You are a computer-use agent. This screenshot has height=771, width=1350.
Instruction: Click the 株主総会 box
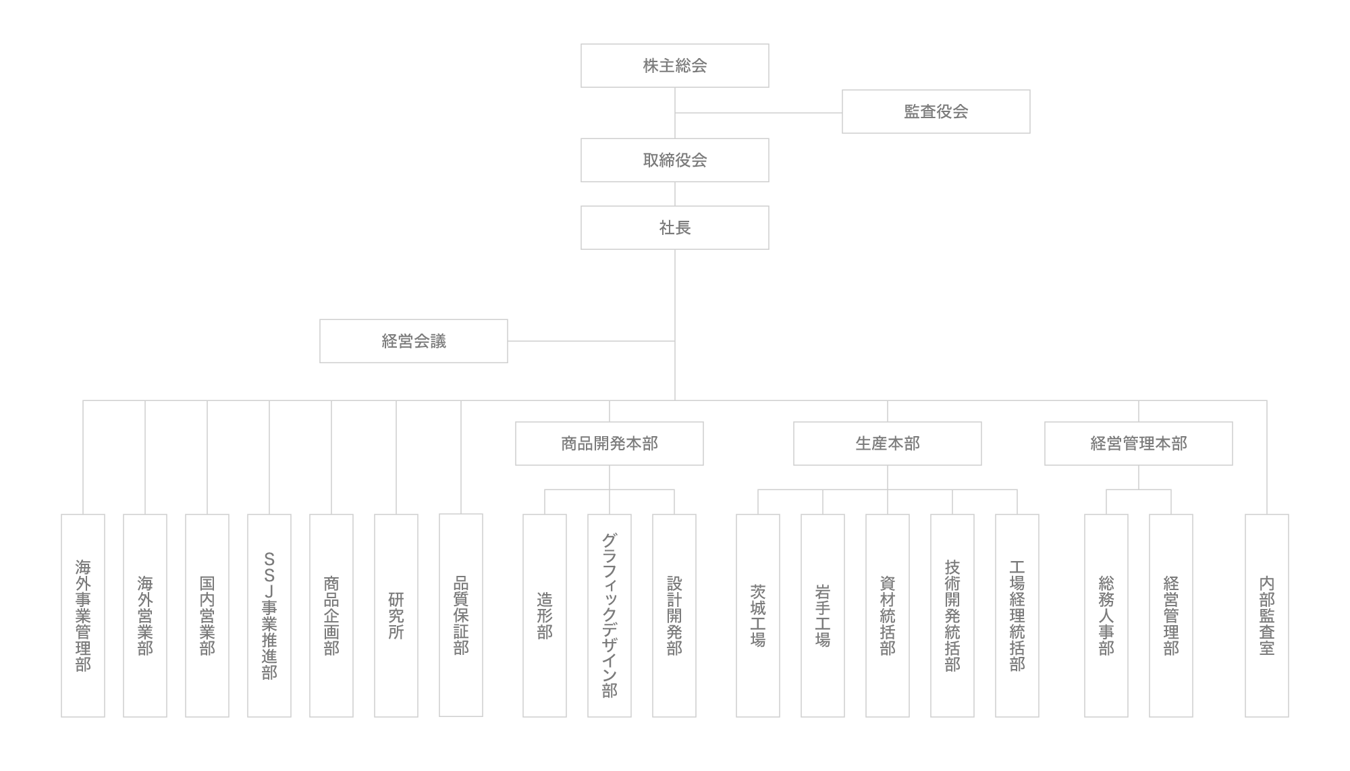(675, 65)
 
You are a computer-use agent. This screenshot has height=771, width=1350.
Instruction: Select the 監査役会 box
(936, 111)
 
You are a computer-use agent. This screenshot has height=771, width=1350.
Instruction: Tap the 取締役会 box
(675, 160)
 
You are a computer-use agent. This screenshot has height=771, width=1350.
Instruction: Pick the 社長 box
(675, 228)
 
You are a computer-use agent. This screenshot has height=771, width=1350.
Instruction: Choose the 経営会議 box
(414, 341)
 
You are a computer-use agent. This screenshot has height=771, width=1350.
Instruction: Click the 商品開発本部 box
(610, 444)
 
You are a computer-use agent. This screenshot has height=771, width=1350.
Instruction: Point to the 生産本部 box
(888, 444)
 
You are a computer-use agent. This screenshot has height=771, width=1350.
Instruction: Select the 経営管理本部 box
(1139, 444)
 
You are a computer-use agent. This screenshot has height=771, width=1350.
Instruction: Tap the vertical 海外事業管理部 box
(83, 616)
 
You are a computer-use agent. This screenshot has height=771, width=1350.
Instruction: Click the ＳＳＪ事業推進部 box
(269, 616)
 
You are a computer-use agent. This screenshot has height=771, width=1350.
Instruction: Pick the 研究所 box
(396, 616)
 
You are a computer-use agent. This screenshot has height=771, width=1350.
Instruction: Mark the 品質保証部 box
(461, 615)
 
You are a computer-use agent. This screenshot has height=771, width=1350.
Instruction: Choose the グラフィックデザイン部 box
(610, 616)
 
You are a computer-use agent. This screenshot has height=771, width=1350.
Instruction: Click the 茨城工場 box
(758, 616)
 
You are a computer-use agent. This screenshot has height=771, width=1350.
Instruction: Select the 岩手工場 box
(823, 616)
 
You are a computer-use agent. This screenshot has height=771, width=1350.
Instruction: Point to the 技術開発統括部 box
(952, 616)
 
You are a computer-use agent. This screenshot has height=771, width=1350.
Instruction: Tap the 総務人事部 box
(1106, 616)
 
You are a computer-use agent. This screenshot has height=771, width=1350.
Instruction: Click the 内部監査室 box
(1267, 616)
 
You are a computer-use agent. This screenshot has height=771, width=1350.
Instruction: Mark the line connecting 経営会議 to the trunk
(591, 341)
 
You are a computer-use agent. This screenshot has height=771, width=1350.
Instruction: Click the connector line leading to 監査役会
(759, 113)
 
